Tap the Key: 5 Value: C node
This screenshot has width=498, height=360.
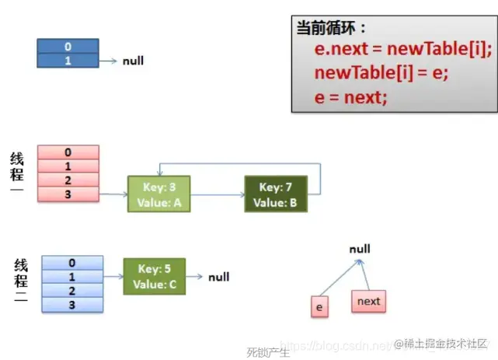pos(155,276)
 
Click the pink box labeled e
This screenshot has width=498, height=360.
pos(319,307)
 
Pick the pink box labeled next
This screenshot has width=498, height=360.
pos(368,301)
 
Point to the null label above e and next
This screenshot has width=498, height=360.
pos(360,250)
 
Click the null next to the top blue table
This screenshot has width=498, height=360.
pos(133,61)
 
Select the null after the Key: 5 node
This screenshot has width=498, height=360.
pos(218,276)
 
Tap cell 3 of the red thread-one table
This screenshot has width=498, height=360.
pos(68,194)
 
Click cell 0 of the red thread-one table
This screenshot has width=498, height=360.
pos(68,152)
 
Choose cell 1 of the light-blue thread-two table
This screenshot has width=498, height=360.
pos(71,277)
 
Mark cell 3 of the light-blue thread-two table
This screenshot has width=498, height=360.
pos(71,304)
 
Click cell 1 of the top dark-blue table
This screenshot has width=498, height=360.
pos(68,61)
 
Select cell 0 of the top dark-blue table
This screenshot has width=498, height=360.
pos(68,47)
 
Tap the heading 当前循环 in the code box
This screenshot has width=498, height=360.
pos(331,28)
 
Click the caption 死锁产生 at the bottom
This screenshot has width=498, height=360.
pos(268,352)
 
